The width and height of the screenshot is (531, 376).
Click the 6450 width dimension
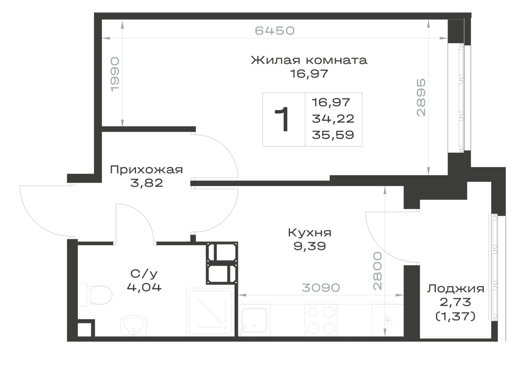click(x=275, y=30)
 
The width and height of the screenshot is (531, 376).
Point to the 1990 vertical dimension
click(x=115, y=74)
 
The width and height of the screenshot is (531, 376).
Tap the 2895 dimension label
click(x=421, y=98)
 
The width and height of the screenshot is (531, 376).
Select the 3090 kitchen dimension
click(x=321, y=288)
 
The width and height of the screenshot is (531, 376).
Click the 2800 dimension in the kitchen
click(x=377, y=271)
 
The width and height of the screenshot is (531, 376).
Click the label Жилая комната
click(x=309, y=60)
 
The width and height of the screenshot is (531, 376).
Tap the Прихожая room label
click(x=147, y=170)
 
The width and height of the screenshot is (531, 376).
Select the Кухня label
click(x=310, y=232)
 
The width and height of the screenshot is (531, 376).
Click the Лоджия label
click(x=455, y=289)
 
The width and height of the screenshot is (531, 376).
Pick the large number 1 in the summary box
click(x=282, y=119)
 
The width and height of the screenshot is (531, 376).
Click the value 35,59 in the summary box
click(x=333, y=135)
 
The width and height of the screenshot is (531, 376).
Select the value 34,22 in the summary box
click(x=333, y=119)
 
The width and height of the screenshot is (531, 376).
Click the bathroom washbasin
click(x=134, y=326)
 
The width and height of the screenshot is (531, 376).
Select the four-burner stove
click(x=321, y=320)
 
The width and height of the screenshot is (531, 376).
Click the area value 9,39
click(x=310, y=246)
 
